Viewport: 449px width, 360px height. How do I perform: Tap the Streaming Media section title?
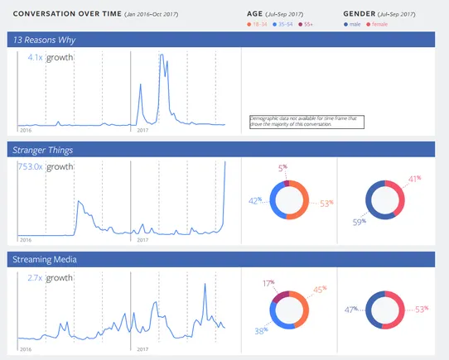coord(45,261)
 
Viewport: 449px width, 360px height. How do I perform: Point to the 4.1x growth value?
coord(35,58)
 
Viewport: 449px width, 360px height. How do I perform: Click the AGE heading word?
coord(255,14)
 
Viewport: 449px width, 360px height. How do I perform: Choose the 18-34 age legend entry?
coord(258,25)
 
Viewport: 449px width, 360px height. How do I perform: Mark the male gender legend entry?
coord(355,25)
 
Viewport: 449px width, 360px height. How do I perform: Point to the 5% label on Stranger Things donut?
coord(282,167)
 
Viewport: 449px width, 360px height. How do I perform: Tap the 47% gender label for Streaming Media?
coord(351,310)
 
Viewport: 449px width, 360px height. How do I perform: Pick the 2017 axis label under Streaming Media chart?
coord(142,351)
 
